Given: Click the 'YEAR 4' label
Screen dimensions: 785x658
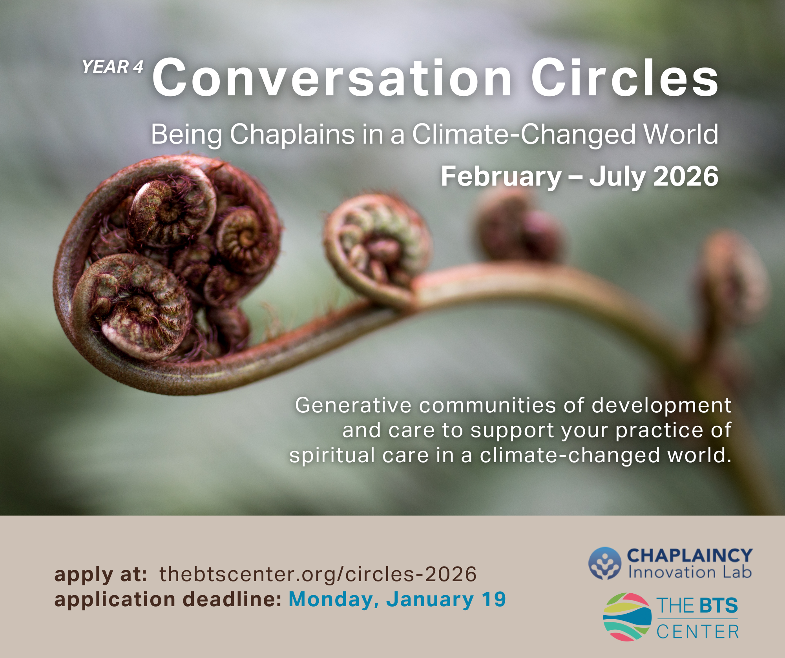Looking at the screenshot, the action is pos(113,67).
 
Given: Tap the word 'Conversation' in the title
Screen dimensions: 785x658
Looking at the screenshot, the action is pos(332,77).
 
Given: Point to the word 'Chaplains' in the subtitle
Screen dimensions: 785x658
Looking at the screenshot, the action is pos(292,135).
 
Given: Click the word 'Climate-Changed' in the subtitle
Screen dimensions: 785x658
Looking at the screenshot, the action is pos(524,134).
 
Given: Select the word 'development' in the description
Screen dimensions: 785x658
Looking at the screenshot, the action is pos(661,406).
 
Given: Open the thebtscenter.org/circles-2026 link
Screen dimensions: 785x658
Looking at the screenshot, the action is pos(318,574).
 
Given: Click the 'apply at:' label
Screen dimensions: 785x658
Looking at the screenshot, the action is pos(101,575).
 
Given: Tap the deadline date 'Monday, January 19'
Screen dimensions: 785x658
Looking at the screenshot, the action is pos(397,600).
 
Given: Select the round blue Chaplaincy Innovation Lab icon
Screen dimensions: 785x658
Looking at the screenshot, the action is pos(605,563).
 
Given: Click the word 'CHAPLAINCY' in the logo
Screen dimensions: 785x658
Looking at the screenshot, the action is pos(690,556).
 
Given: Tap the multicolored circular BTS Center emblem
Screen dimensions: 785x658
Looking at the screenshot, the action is pos(627,617).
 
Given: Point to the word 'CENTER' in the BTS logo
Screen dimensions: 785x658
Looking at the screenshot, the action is pos(697,632).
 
